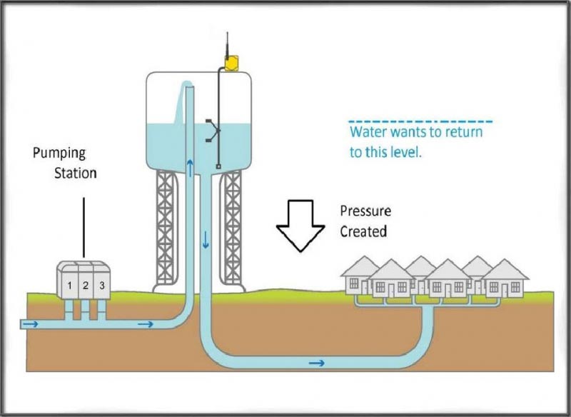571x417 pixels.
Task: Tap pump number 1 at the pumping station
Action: [x=69, y=286]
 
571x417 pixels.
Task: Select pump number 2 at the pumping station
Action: [x=85, y=286]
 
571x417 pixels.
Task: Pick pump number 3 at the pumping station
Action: [x=102, y=286]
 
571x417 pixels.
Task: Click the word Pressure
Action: [x=365, y=212]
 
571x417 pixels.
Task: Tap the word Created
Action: [x=363, y=231]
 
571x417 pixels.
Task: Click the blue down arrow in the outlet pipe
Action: [x=206, y=239]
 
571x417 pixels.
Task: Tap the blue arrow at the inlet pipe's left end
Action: [x=31, y=325]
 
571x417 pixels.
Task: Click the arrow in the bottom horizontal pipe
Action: [x=316, y=363]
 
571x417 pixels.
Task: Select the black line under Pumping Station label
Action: [x=84, y=226]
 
